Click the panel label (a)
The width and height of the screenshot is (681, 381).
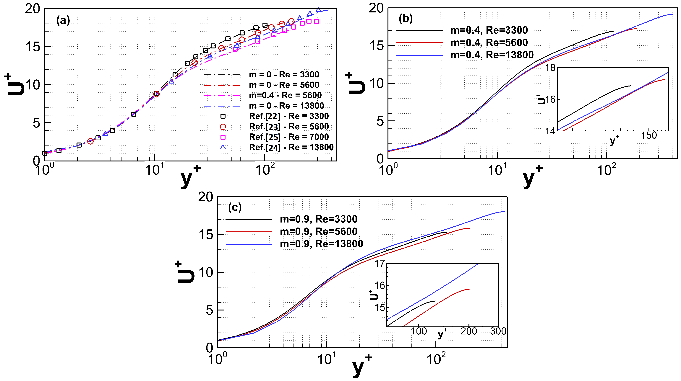click(x=63, y=20)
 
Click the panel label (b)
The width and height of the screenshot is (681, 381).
click(x=406, y=19)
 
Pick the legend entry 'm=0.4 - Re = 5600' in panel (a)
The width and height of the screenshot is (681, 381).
click(x=285, y=95)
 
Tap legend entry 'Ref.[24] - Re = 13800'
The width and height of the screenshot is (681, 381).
click(x=291, y=147)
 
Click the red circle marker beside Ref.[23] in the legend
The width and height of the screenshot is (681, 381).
click(x=223, y=127)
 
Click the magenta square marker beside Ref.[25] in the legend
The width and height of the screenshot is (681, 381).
click(x=223, y=137)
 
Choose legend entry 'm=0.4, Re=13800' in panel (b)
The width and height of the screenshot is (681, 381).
click(x=492, y=55)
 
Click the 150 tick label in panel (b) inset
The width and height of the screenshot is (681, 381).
click(x=648, y=135)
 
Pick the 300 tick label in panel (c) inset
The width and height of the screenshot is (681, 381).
click(x=498, y=331)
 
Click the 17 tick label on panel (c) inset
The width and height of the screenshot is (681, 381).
click(x=380, y=264)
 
